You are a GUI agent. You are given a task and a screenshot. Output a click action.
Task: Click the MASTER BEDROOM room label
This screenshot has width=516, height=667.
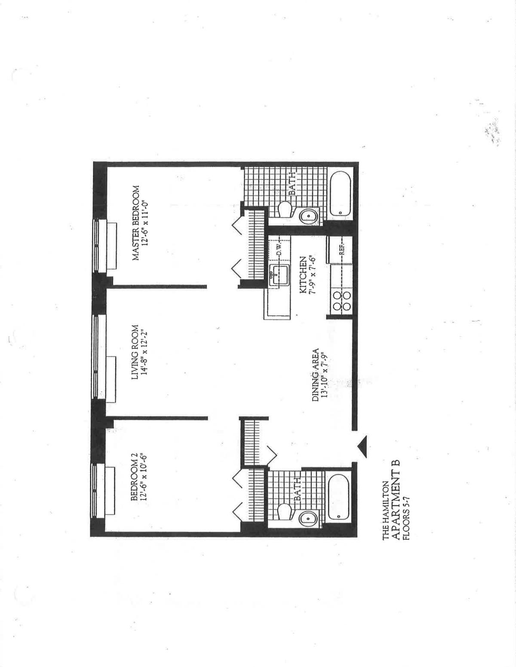click(x=135, y=223)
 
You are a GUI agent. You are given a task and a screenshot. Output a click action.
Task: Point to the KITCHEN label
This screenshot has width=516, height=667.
click(x=303, y=275)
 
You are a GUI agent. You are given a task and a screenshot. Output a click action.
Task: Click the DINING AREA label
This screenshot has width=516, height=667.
click(x=315, y=375)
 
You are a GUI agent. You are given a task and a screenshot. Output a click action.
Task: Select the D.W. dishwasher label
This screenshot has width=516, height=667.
click(x=279, y=249)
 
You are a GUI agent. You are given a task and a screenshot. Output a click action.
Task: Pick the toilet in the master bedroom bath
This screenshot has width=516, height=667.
click(x=285, y=209)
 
